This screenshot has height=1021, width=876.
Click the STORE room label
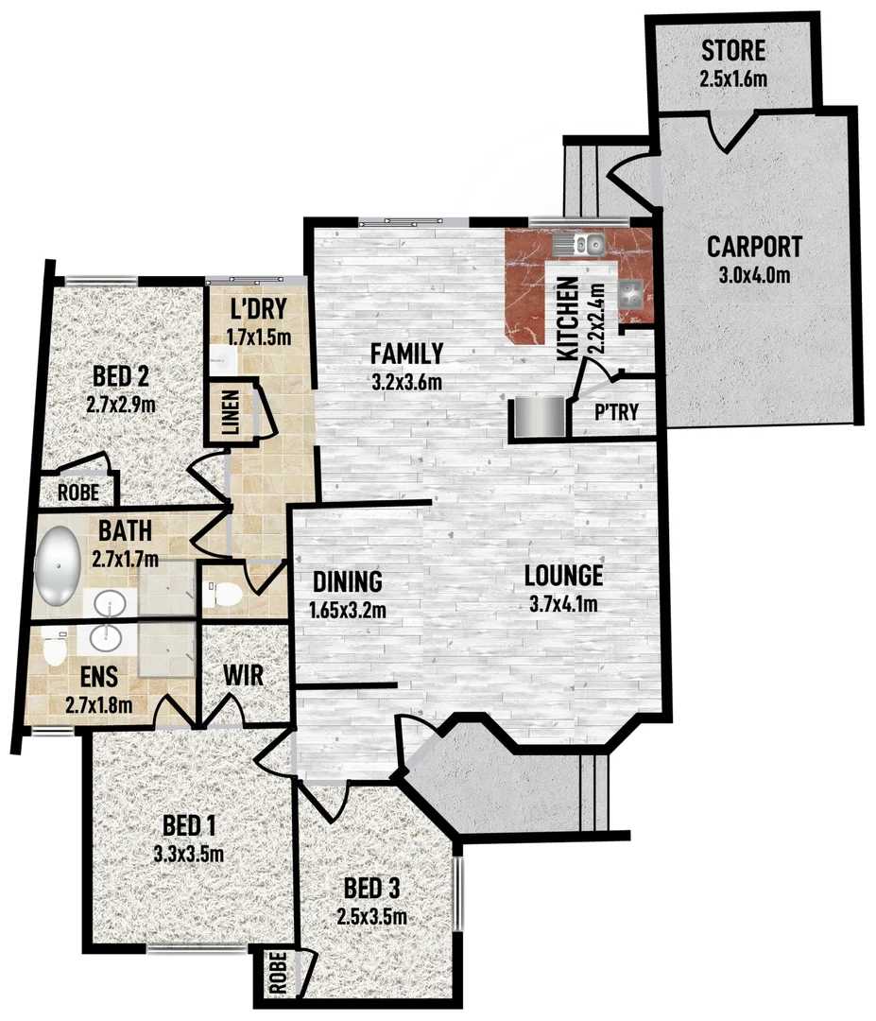click(732, 51)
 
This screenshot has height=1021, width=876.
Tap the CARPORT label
click(754, 248)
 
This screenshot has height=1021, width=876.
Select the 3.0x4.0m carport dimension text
click(754, 275)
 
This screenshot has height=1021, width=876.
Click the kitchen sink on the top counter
click(587, 246)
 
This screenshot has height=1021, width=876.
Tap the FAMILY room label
click(406, 355)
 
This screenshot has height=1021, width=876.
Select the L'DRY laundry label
click(257, 309)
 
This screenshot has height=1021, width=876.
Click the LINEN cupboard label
click(232, 413)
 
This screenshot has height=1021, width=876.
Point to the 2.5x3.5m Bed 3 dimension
click(371, 916)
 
